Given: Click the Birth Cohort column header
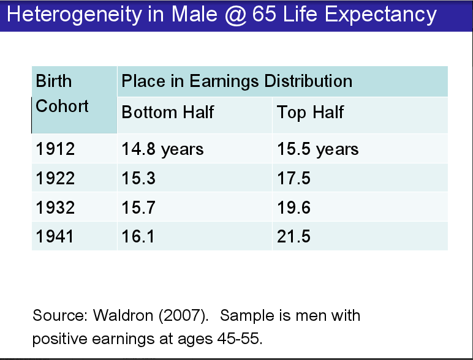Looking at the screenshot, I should point(62,94).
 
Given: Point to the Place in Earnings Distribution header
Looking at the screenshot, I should point(237,81).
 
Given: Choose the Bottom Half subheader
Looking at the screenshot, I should point(168,113).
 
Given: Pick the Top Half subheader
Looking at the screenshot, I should point(310,113).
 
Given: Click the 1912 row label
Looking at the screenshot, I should point(55,149).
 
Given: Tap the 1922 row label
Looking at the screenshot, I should point(55,178).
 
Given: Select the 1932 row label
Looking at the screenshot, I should point(55,208).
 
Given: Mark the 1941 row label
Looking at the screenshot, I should point(55,236).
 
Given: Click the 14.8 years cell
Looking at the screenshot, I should point(162,149).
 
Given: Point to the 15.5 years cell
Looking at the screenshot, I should point(317,149).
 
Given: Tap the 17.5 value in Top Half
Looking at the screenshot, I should point(293,178).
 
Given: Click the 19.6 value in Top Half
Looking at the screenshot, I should point(293,208).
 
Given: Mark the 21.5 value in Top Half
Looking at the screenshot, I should point(293,236).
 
